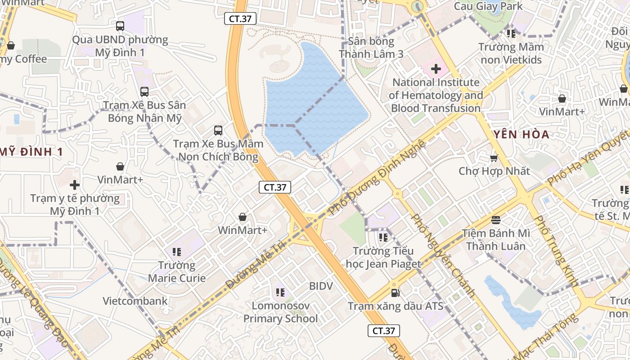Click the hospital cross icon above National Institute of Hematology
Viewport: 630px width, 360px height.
[436, 69]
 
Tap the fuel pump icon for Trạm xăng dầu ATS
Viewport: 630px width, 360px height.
[395, 293]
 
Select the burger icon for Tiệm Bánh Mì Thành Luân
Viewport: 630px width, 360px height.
[496, 220]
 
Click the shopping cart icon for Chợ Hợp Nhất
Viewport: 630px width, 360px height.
[494, 158]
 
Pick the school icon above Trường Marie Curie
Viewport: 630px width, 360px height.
[176, 252]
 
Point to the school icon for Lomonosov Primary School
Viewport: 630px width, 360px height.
[280, 293]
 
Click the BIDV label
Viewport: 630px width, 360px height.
[321, 286]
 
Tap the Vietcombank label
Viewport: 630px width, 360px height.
[135, 301]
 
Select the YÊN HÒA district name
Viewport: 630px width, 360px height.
[522, 134]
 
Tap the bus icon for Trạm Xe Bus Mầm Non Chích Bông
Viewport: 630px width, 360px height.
[218, 130]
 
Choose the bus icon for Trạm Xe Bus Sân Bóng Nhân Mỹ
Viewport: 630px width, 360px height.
[144, 92]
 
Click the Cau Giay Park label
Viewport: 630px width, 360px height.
[488, 6]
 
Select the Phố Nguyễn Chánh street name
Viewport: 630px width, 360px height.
[444, 255]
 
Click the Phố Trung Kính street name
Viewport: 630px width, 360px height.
[556, 250]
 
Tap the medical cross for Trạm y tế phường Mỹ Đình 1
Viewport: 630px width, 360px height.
[75, 185]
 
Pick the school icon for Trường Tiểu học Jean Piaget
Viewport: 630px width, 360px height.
[383, 237]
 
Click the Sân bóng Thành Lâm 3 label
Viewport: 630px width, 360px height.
[371, 48]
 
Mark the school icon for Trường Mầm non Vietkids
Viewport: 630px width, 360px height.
[511, 33]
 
